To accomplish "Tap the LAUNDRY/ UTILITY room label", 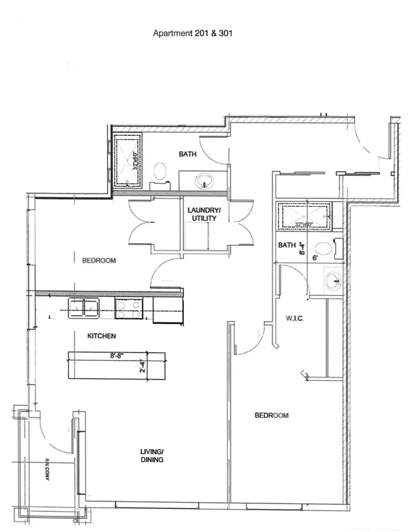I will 203,214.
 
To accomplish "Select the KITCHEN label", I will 101,336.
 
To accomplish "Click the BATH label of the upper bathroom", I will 187,155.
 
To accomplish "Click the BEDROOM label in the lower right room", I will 271,416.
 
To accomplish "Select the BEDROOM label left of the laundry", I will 99,261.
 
